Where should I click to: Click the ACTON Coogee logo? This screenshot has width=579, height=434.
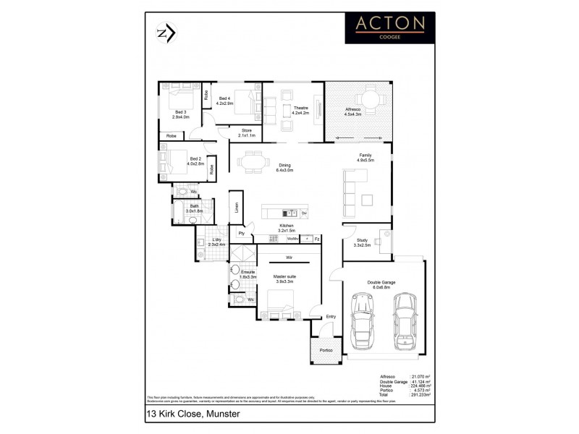[390, 28]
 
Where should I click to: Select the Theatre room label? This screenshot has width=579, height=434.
[300, 110]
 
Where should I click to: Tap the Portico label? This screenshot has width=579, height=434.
[326, 350]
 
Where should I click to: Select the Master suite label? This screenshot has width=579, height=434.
[284, 278]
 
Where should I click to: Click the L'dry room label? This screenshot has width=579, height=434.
[216, 242]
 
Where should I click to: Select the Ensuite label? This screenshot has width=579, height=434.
[249, 274]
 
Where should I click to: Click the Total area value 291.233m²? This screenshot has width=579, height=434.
[421, 395]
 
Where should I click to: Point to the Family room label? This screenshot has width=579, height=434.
[365, 158]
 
